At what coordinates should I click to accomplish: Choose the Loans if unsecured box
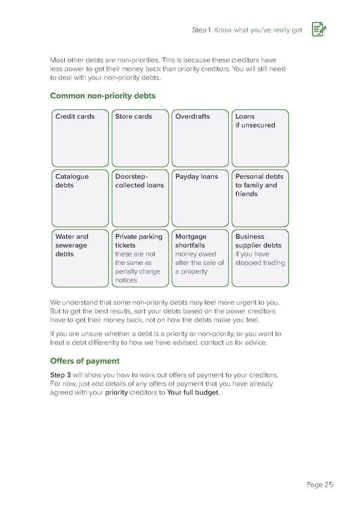click(260, 138)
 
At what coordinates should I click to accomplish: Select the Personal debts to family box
click(260, 198)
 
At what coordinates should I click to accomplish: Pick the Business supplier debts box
click(260, 258)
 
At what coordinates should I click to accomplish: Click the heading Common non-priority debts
click(103, 95)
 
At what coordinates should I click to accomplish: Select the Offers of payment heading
click(85, 361)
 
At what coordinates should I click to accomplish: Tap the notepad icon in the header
click(319, 30)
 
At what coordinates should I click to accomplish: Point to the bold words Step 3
click(61, 375)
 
